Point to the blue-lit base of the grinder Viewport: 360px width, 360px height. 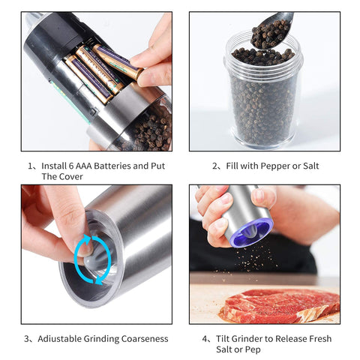point(251,232)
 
